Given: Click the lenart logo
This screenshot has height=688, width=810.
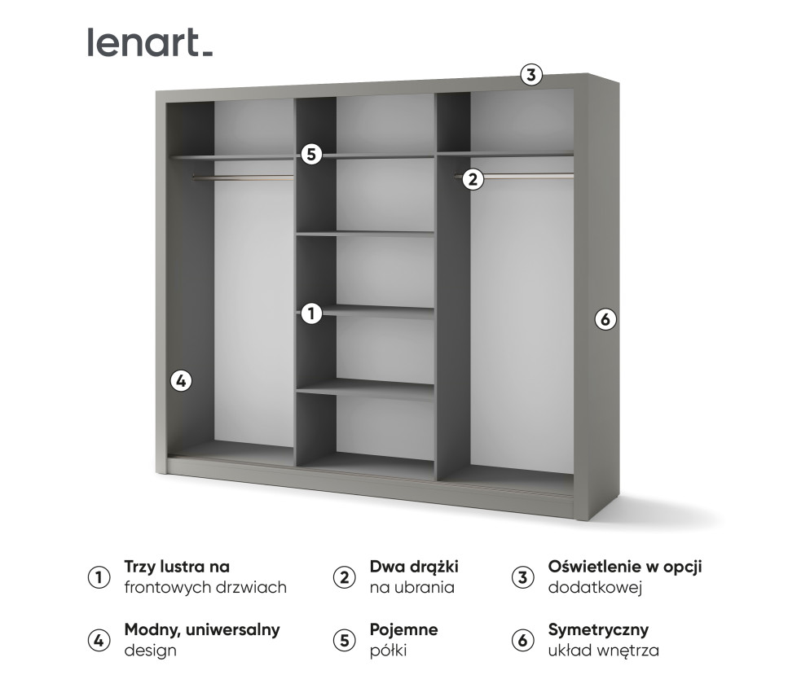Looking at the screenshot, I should [150, 42].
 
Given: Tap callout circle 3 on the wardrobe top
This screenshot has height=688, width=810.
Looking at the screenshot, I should [530, 76].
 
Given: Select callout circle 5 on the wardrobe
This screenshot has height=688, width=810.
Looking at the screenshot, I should [311, 154].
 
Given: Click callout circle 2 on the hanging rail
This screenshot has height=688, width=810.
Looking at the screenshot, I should [473, 179].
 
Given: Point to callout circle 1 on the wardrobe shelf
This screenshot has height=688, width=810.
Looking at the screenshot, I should [310, 313].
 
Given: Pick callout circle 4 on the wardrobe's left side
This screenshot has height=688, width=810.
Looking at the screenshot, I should [181, 380].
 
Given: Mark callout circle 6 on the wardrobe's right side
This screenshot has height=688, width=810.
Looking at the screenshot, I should [604, 319].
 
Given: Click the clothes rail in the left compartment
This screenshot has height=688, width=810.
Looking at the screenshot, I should [243, 176].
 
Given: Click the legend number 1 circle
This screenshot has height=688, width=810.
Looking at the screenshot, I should [98, 577].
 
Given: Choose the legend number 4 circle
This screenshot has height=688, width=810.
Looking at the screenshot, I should [98, 640].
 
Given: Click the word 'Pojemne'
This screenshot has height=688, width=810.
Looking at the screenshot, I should [403, 630].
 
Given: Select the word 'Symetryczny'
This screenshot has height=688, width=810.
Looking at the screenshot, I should [598, 630].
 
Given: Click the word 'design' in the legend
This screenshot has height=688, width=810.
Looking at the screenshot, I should [150, 651].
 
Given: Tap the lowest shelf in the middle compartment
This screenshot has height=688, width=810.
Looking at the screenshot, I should [365, 389].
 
